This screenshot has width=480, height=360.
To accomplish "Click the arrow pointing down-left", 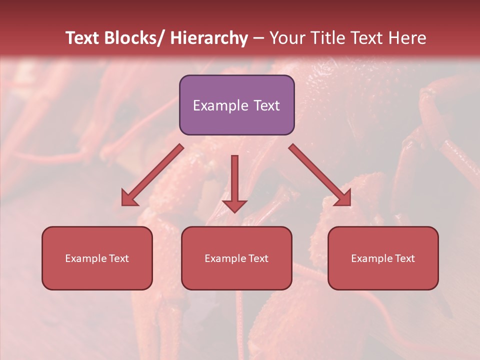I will click(152, 175).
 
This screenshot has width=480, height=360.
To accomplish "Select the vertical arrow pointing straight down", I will click(234, 182).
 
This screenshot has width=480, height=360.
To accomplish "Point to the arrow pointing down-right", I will click(320, 175).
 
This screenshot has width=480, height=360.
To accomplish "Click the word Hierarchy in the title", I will click(209, 38).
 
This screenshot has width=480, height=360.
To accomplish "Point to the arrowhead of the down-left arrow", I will click(129, 198).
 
